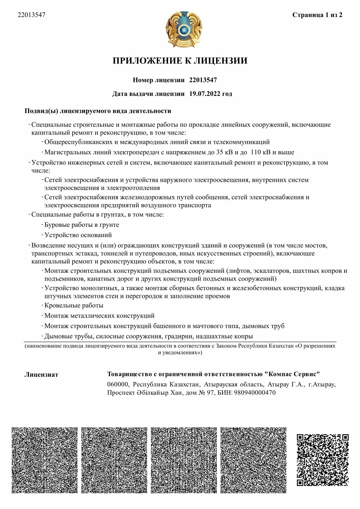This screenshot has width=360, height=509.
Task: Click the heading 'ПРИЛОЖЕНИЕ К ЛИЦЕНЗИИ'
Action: [180, 61]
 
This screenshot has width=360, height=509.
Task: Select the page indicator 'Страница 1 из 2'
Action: [317, 15]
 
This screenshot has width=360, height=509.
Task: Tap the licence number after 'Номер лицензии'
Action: [203, 80]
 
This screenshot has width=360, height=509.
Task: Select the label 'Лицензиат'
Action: [41, 375]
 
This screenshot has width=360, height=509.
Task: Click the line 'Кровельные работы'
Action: [74, 305]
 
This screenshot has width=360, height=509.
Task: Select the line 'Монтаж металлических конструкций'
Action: [100, 316]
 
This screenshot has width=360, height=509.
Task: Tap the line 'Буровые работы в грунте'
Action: [82, 225]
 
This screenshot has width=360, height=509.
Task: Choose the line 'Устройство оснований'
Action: [78, 235]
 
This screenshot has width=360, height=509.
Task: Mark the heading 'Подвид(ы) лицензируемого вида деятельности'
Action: [98, 111]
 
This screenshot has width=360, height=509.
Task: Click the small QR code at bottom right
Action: [322, 460]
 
